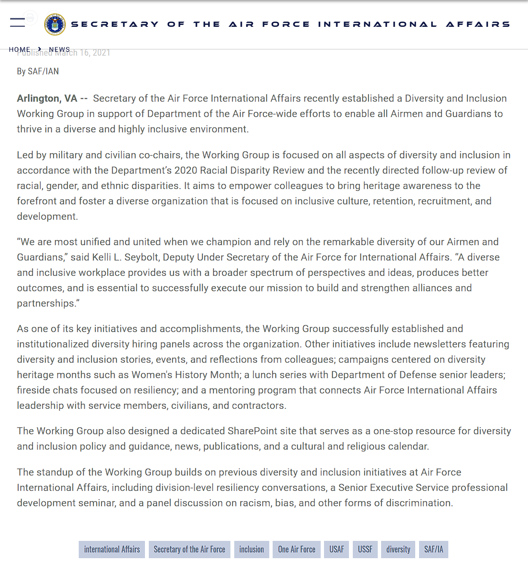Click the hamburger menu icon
click(x=17, y=22)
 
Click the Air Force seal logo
click(x=55, y=24)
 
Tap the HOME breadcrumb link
click(x=19, y=49)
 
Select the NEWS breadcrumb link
click(x=59, y=49)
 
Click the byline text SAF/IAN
click(x=44, y=72)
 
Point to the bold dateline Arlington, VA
click(x=47, y=98)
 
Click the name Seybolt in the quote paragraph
click(x=141, y=257)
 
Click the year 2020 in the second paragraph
click(x=186, y=170)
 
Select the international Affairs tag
click(x=112, y=550)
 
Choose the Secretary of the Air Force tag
click(x=189, y=550)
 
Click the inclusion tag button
click(x=252, y=550)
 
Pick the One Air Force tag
click(x=297, y=550)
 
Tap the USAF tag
click(x=336, y=550)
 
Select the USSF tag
click(x=365, y=550)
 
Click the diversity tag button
click(x=398, y=550)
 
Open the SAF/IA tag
click(x=433, y=550)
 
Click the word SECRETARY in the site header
click(x=115, y=24)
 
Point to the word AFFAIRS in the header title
click(x=478, y=24)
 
